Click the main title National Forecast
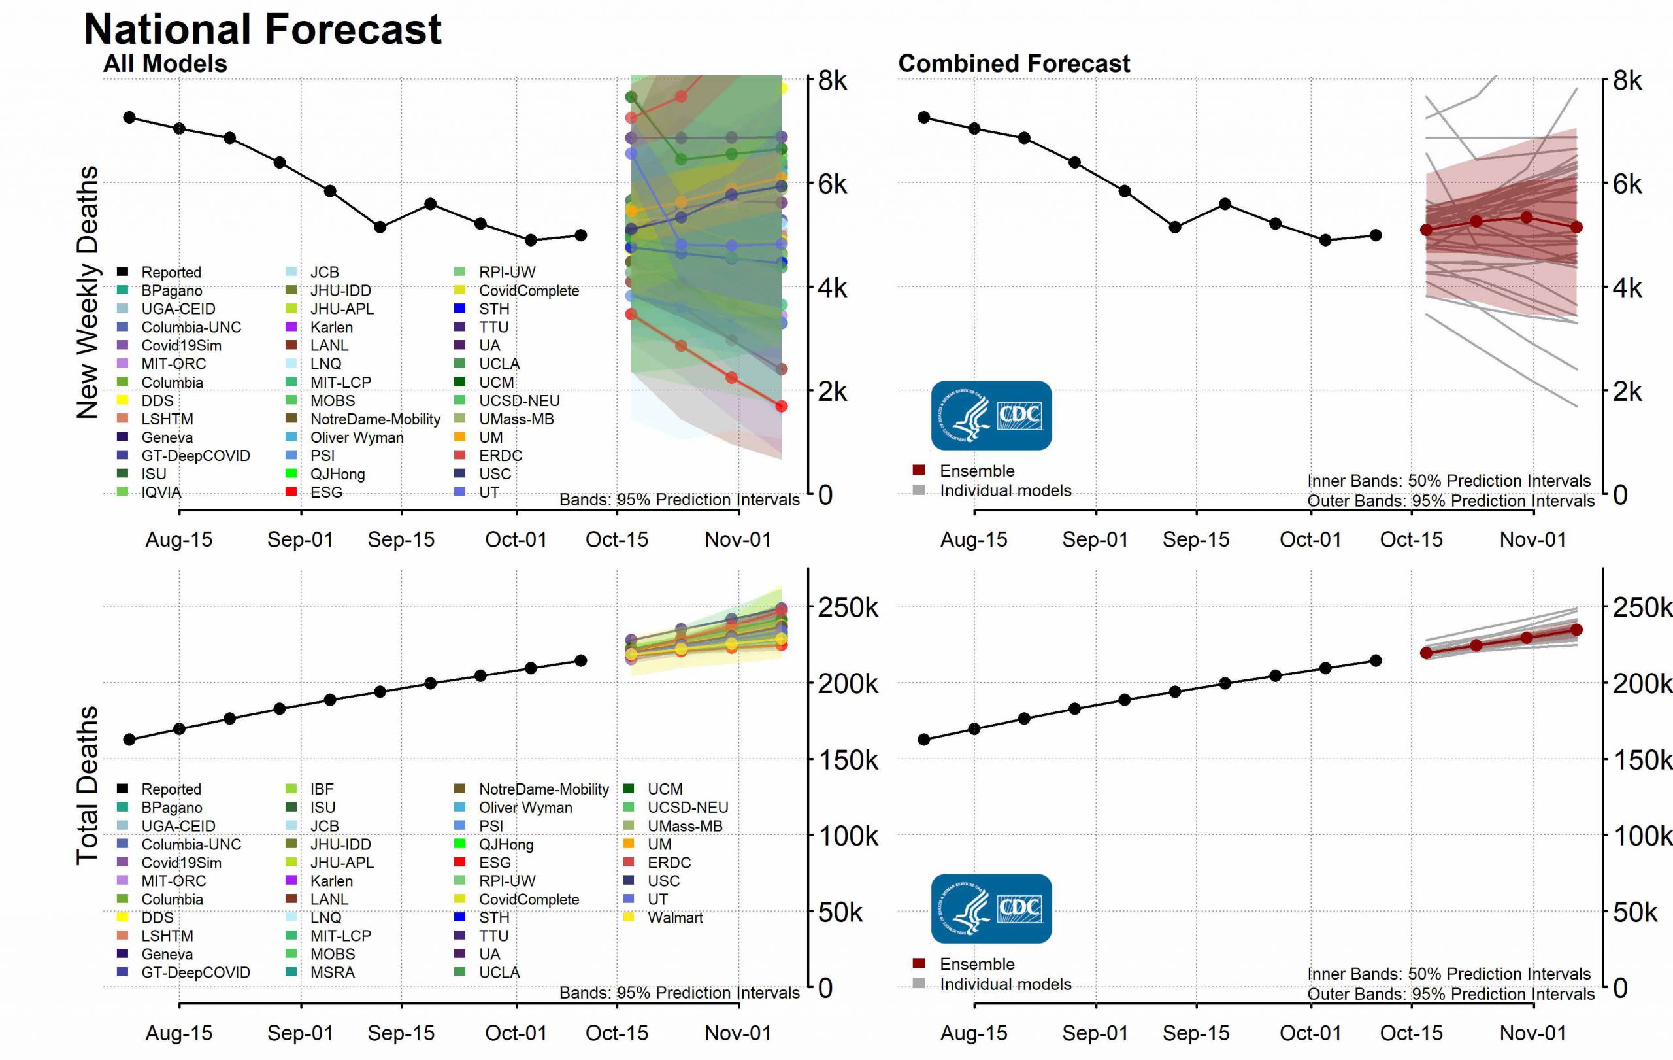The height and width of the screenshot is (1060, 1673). (x=262, y=29)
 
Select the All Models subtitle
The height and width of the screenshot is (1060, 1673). (x=165, y=64)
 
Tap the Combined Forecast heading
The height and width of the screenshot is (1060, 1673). (x=1014, y=64)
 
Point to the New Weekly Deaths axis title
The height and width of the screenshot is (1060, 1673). (x=88, y=292)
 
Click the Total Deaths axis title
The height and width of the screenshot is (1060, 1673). (x=88, y=785)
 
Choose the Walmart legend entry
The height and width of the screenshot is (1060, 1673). (x=674, y=917)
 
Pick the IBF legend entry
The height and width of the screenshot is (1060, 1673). (x=322, y=789)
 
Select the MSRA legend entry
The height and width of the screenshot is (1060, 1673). (x=332, y=972)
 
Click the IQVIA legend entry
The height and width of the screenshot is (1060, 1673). (x=161, y=492)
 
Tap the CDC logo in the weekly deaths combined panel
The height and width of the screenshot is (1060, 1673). (x=991, y=415)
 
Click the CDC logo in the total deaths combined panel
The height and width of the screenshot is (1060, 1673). (x=991, y=908)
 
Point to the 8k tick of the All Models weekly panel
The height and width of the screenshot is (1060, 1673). (x=833, y=80)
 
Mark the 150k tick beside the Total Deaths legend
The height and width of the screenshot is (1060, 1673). (x=848, y=760)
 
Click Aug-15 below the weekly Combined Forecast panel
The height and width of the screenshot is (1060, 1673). (x=973, y=539)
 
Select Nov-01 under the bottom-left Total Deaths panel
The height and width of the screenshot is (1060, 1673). (x=738, y=1033)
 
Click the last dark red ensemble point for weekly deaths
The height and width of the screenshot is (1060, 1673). (x=1576, y=228)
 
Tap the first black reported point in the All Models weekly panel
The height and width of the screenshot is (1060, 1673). (x=129, y=118)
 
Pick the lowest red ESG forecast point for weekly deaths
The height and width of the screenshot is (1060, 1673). (x=781, y=406)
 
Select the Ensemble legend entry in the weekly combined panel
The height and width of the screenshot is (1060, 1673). (x=976, y=471)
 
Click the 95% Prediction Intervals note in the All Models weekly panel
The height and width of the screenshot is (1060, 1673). (x=679, y=500)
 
